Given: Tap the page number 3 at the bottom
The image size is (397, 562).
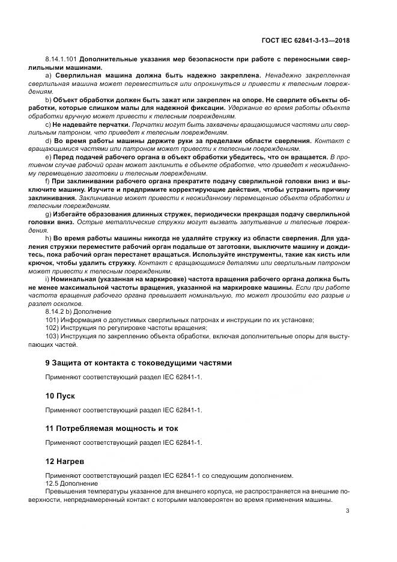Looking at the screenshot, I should [x=348, y=512].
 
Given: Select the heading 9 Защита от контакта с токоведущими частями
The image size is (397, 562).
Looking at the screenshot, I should [x=138, y=362].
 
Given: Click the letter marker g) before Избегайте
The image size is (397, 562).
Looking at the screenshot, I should [x=49, y=213].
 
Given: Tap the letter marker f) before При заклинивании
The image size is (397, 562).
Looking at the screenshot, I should [x=48, y=181].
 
